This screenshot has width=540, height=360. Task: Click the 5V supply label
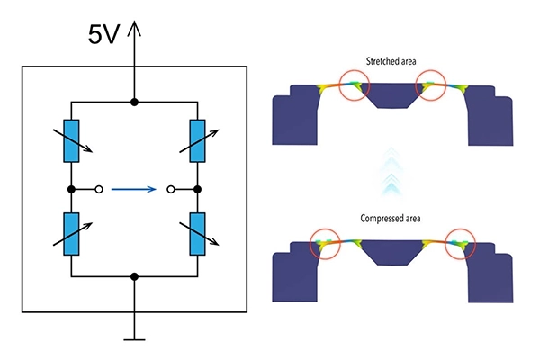(x=103, y=34)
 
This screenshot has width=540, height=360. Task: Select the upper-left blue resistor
(x=71, y=141)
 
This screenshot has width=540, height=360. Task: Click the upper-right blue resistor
(x=198, y=141)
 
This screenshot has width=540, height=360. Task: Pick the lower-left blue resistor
(x=71, y=234)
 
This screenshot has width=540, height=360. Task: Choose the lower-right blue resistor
(x=198, y=234)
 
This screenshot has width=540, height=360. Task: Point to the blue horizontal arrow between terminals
(x=133, y=189)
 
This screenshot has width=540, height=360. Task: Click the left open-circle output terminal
(x=99, y=189)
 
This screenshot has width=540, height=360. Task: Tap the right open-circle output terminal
(x=170, y=189)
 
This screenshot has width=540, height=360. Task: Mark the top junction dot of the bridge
(x=134, y=102)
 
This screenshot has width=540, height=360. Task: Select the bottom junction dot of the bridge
(x=134, y=276)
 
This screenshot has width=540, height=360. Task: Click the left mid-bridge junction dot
(x=71, y=189)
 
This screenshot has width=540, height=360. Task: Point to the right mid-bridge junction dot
(x=198, y=189)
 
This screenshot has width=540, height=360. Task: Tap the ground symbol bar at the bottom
(x=134, y=340)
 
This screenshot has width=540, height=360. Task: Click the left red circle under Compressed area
(x=325, y=229)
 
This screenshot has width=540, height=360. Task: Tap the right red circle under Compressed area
(x=461, y=229)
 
